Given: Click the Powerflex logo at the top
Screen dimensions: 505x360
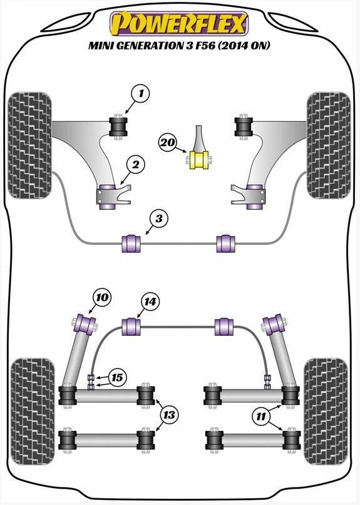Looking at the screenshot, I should (x=179, y=24).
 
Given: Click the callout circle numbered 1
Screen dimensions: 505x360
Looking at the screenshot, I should (x=141, y=95).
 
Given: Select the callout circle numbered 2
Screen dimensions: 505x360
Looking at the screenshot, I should (x=134, y=165).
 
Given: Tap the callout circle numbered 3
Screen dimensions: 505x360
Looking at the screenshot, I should (x=159, y=219).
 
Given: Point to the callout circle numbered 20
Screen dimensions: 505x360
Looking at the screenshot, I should (x=167, y=142).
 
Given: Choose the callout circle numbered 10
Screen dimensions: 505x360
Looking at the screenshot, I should (x=102, y=297).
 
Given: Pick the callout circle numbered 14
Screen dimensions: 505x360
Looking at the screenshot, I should (x=148, y=302).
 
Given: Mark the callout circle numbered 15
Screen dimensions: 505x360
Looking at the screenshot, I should (x=116, y=377).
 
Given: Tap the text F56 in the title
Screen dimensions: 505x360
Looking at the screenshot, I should (x=220, y=46).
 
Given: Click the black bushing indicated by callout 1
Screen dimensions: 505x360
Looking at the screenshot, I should (x=118, y=125).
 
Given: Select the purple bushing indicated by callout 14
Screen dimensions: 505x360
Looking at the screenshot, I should (x=131, y=327).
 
